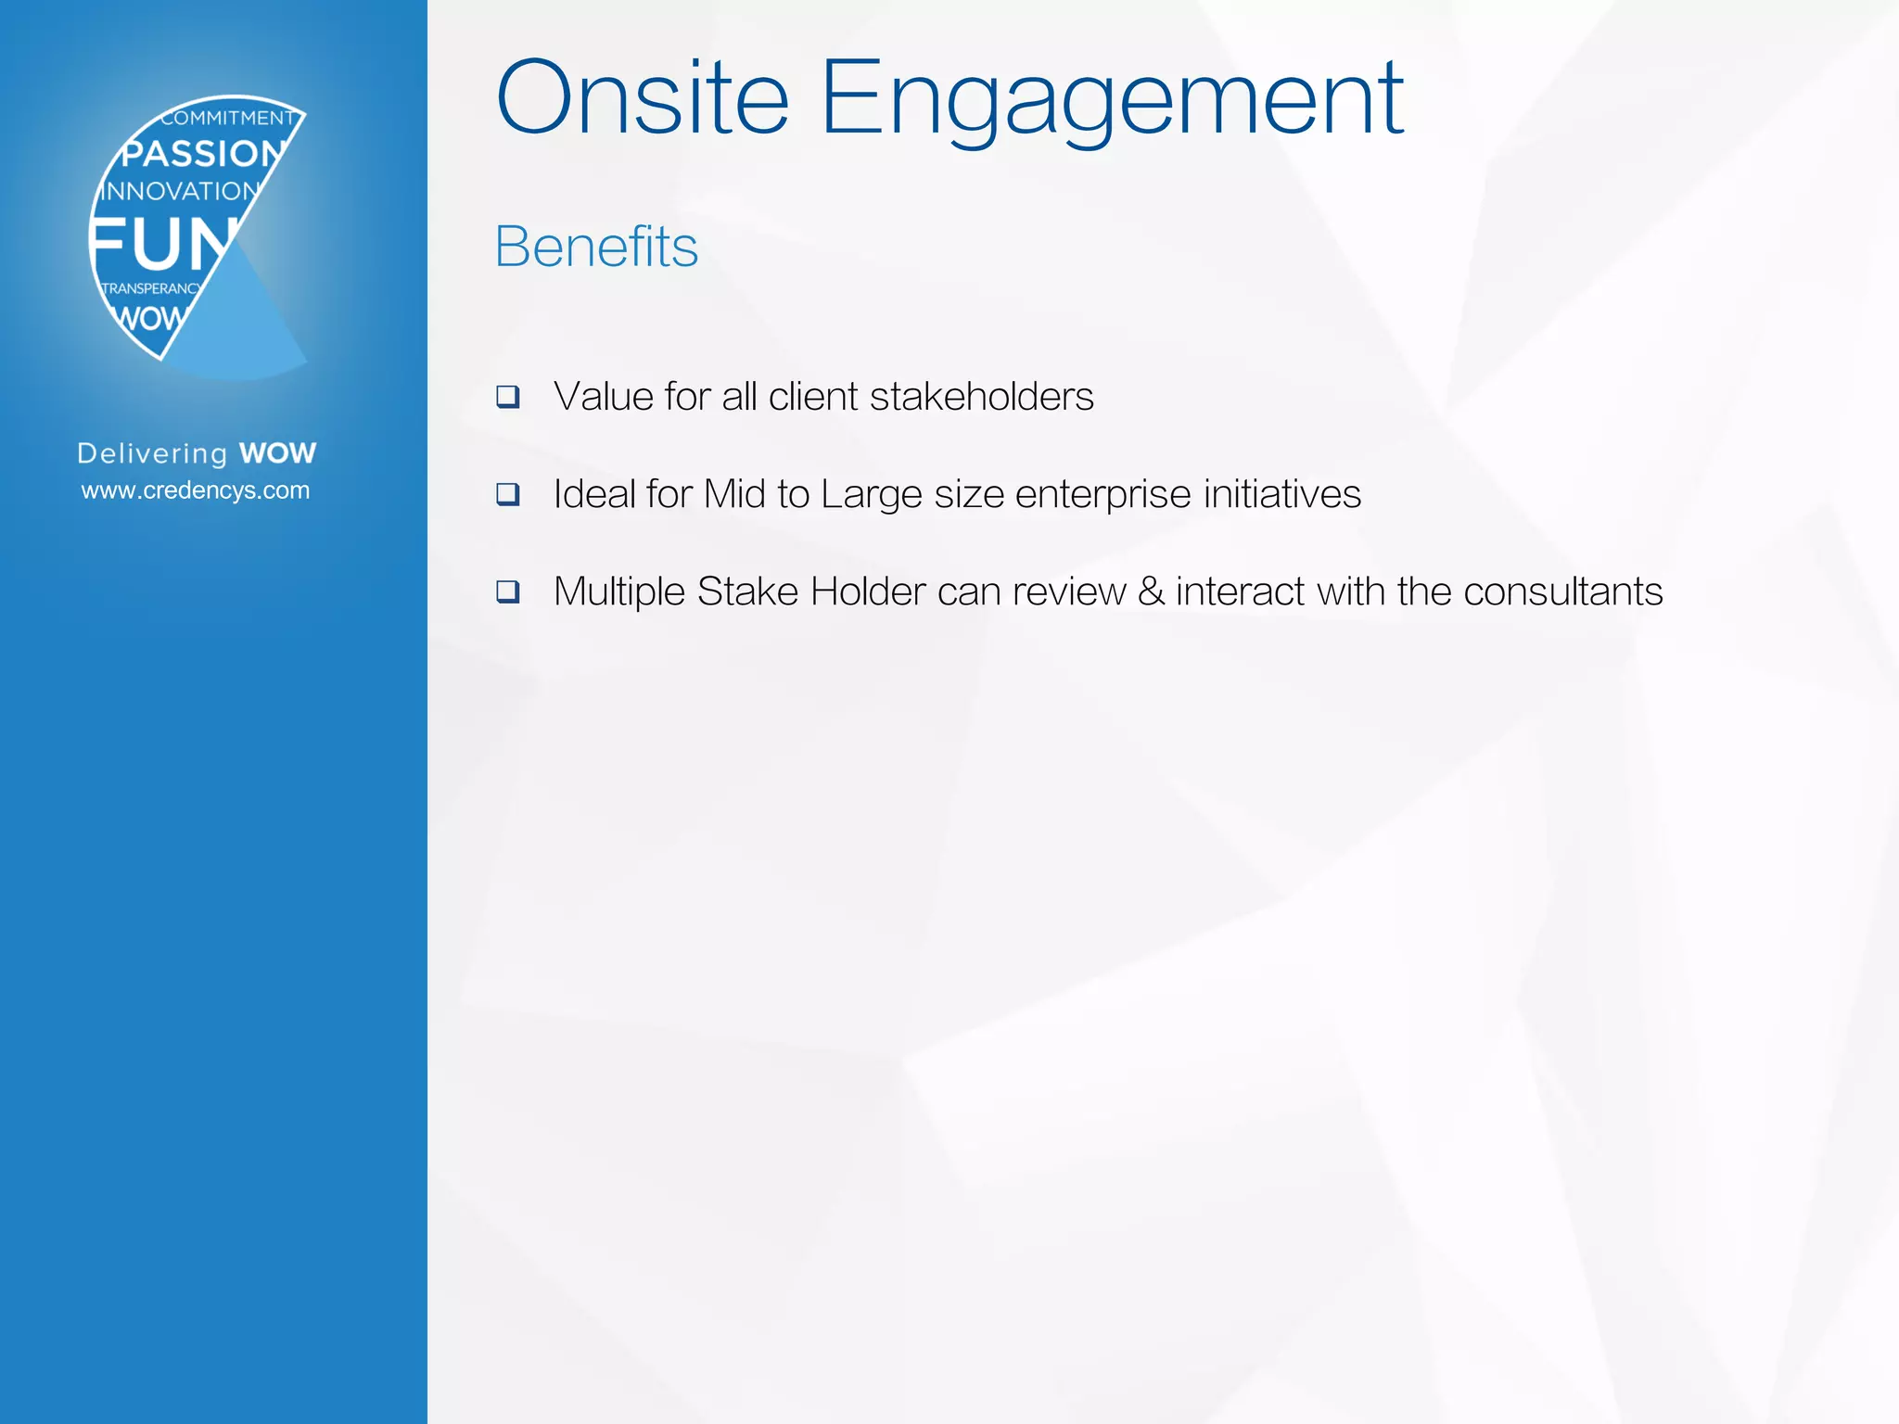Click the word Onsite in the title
point(643,98)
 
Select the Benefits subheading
point(596,247)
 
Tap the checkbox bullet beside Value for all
point(507,397)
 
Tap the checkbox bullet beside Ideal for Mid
point(507,494)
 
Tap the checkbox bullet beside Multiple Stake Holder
point(507,591)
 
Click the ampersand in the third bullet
point(1151,591)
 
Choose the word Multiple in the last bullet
point(618,592)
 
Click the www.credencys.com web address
point(196,490)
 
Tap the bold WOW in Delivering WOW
point(277,453)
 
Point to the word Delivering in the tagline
point(152,454)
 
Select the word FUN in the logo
point(161,244)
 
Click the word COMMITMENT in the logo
point(227,119)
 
